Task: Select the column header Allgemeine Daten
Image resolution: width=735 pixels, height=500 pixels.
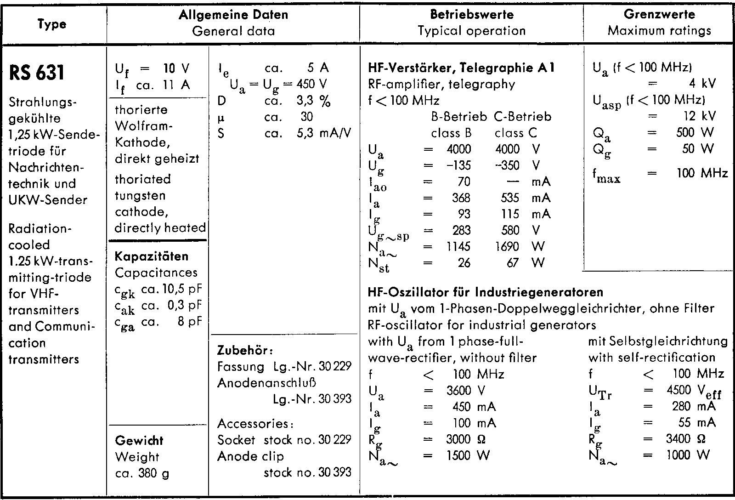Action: point(233,15)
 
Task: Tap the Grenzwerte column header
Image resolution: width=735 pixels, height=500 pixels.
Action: point(659,14)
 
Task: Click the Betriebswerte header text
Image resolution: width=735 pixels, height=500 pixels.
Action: point(472,14)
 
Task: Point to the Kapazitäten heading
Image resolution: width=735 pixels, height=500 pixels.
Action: point(152,256)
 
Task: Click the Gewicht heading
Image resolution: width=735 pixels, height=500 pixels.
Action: point(139,441)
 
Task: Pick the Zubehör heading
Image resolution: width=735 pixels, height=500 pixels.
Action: point(245,350)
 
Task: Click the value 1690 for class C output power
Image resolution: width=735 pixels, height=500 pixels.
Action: point(507,247)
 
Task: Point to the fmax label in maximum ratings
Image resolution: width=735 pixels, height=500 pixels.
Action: point(606,175)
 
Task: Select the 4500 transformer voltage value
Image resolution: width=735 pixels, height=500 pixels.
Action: point(678,390)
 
